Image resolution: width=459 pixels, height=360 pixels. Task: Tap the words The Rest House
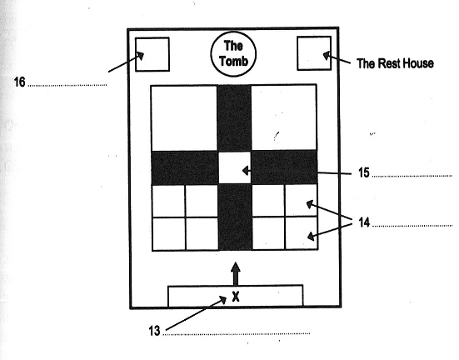[x=395, y=63]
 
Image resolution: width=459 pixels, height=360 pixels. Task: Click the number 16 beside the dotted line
[x=20, y=82]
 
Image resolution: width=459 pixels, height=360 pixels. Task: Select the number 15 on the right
[x=363, y=172]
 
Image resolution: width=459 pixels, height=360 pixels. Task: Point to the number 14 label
[x=364, y=222]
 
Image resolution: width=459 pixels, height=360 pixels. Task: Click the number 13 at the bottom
[x=154, y=331]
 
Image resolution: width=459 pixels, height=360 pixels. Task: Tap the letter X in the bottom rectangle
[x=236, y=297]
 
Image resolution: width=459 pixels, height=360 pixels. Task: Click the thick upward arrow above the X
[x=236, y=273]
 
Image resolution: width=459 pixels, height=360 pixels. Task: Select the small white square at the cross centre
[x=234, y=167]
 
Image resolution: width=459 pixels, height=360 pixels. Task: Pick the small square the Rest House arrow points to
[x=314, y=53]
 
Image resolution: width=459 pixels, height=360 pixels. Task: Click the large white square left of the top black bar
[x=184, y=118]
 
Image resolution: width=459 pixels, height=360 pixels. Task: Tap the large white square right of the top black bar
[x=284, y=117]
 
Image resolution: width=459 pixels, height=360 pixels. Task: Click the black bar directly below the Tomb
[x=234, y=118]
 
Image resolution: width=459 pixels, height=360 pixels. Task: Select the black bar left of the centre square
[x=185, y=167]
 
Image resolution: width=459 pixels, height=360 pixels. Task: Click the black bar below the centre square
[x=235, y=217]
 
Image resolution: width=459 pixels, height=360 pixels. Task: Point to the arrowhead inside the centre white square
[x=247, y=170]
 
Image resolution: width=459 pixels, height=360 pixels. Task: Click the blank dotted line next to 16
[x=67, y=86]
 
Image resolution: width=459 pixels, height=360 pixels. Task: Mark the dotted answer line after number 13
[x=237, y=333]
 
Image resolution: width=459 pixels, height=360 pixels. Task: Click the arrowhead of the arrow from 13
[x=222, y=300]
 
